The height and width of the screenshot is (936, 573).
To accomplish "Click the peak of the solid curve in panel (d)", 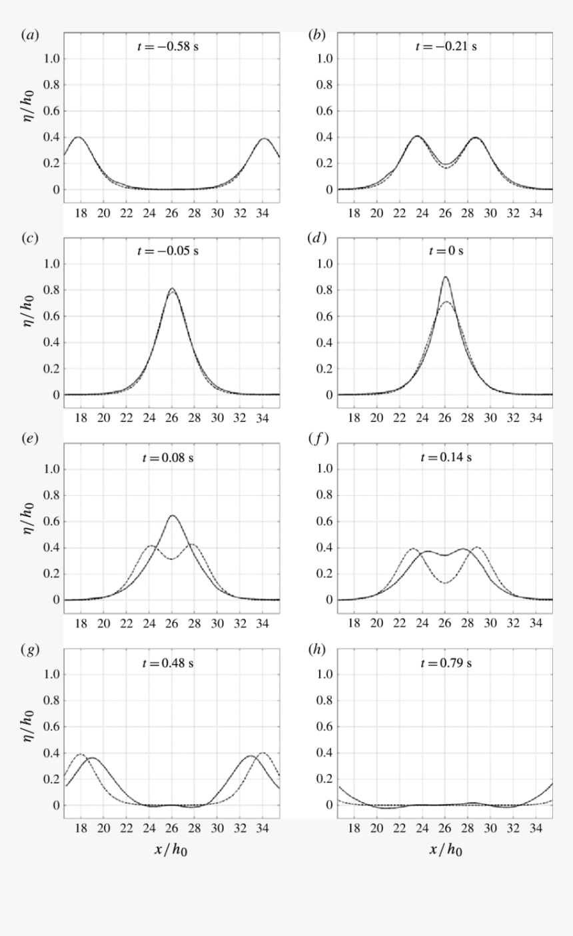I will pos(445,277).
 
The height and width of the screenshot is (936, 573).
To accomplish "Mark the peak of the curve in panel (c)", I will pos(172,289).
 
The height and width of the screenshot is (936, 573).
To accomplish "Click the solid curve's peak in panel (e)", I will pos(173,515).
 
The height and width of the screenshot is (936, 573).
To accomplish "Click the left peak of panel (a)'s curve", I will pos(79,137).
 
